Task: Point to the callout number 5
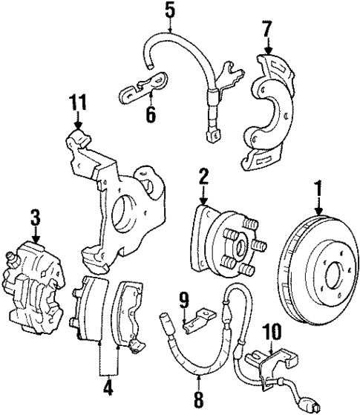pyautogui.click(x=170, y=12)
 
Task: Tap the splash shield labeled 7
pyautogui.click(x=270, y=108)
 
